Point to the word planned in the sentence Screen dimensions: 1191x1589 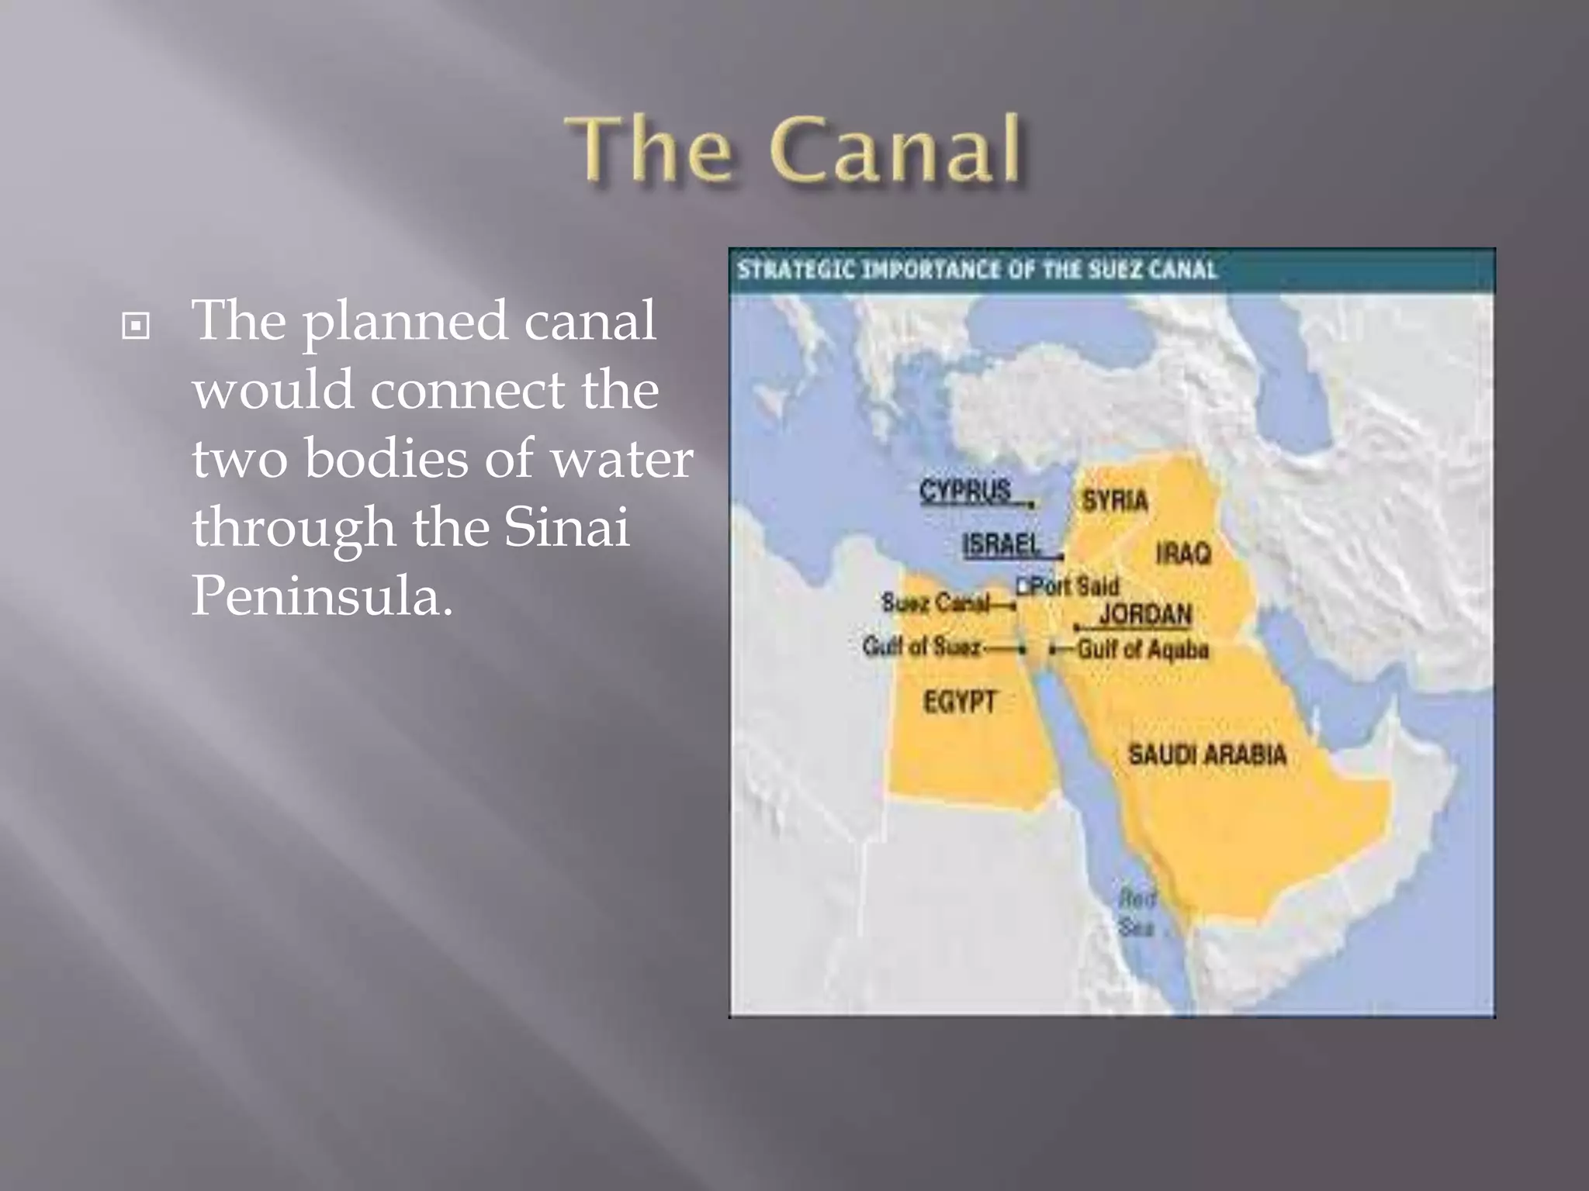click(404, 321)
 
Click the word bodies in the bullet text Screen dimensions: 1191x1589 click(386, 458)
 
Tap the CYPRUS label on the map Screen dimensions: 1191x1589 click(965, 491)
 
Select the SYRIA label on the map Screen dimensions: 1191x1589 click(1115, 500)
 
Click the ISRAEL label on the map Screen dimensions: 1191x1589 click(1001, 544)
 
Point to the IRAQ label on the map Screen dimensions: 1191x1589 click(1183, 553)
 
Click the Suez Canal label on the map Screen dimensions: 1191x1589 click(936, 602)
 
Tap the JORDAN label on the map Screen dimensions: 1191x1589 click(1145, 614)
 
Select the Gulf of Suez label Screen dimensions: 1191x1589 click(922, 646)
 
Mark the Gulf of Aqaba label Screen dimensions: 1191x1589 click(1142, 649)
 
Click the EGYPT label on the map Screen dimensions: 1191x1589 click(960, 702)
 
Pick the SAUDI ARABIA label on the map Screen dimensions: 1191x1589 click(1207, 754)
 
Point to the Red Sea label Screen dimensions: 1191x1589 click(1137, 913)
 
